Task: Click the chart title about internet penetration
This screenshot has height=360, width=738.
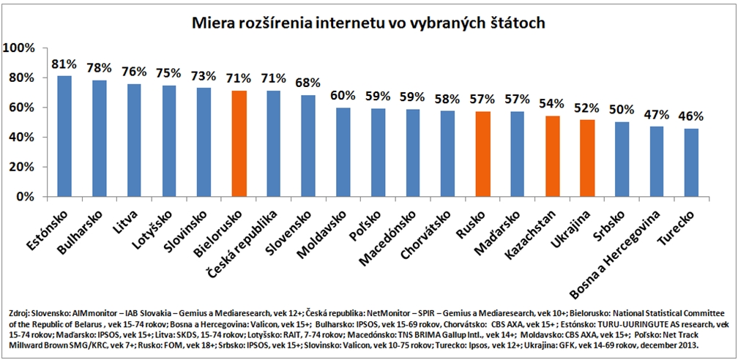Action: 368,23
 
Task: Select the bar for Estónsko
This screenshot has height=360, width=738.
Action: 64,136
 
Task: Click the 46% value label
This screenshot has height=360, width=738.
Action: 690,116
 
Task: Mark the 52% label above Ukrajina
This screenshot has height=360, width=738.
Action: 586,107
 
